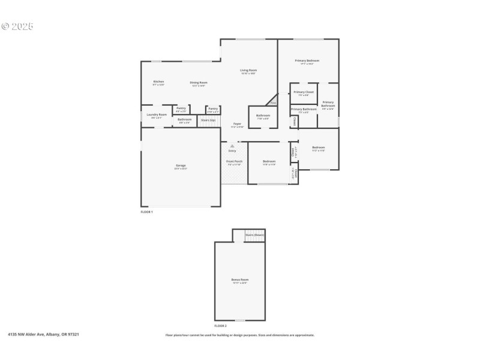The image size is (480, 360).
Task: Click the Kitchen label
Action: coord(158,82)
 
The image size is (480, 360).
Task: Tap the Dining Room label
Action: coord(199,82)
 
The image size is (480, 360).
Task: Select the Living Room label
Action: coord(248,70)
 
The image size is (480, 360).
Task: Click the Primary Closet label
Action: coord(304,92)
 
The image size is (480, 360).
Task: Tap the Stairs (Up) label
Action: coord(209,119)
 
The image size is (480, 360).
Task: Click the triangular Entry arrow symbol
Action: coord(232,145)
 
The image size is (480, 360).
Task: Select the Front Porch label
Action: coord(235,161)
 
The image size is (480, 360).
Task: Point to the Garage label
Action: coord(181,165)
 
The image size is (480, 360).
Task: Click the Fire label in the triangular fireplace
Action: coord(272,103)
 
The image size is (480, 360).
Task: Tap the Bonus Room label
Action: coord(240,280)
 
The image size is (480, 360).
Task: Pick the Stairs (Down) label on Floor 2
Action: coord(254,235)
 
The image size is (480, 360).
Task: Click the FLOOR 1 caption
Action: coord(147,212)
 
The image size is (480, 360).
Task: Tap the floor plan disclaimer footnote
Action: coord(239,335)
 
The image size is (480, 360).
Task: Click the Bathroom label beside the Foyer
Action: coord(263,115)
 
